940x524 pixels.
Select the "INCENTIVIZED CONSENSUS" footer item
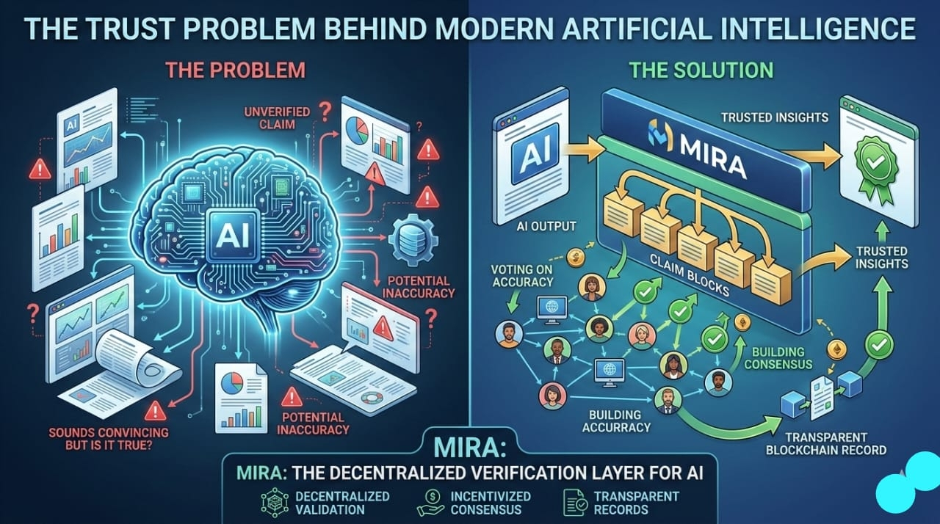click(x=486, y=503)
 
